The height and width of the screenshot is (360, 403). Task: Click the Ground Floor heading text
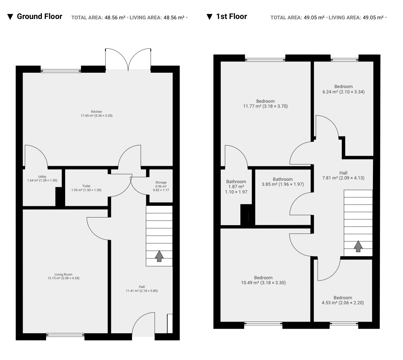[39, 16]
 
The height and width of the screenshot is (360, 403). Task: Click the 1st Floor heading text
[231, 16]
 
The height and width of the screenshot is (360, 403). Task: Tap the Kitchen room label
[96, 113]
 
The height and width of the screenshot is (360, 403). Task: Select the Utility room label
[42, 178]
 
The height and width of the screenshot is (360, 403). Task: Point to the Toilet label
[86, 188]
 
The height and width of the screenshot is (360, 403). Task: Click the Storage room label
[161, 186]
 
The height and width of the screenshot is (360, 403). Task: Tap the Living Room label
[63, 276]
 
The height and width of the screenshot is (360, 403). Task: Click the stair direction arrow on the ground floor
[159, 256]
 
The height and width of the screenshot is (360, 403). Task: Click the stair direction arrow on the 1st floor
[358, 246]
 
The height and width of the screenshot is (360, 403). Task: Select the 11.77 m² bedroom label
[265, 104]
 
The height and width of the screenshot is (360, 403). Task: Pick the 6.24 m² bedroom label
[344, 89]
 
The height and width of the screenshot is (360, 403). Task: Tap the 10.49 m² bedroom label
[263, 280]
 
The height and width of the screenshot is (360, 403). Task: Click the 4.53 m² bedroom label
[343, 300]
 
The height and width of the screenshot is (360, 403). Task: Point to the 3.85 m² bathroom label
[283, 182]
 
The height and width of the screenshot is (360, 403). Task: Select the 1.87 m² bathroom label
[236, 187]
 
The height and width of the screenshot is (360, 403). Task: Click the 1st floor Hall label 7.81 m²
[343, 175]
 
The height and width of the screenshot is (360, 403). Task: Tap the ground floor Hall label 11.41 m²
[142, 289]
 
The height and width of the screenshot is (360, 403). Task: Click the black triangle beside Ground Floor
[10, 17]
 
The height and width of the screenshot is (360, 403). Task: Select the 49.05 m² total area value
[314, 17]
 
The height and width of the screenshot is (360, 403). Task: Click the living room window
[65, 335]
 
